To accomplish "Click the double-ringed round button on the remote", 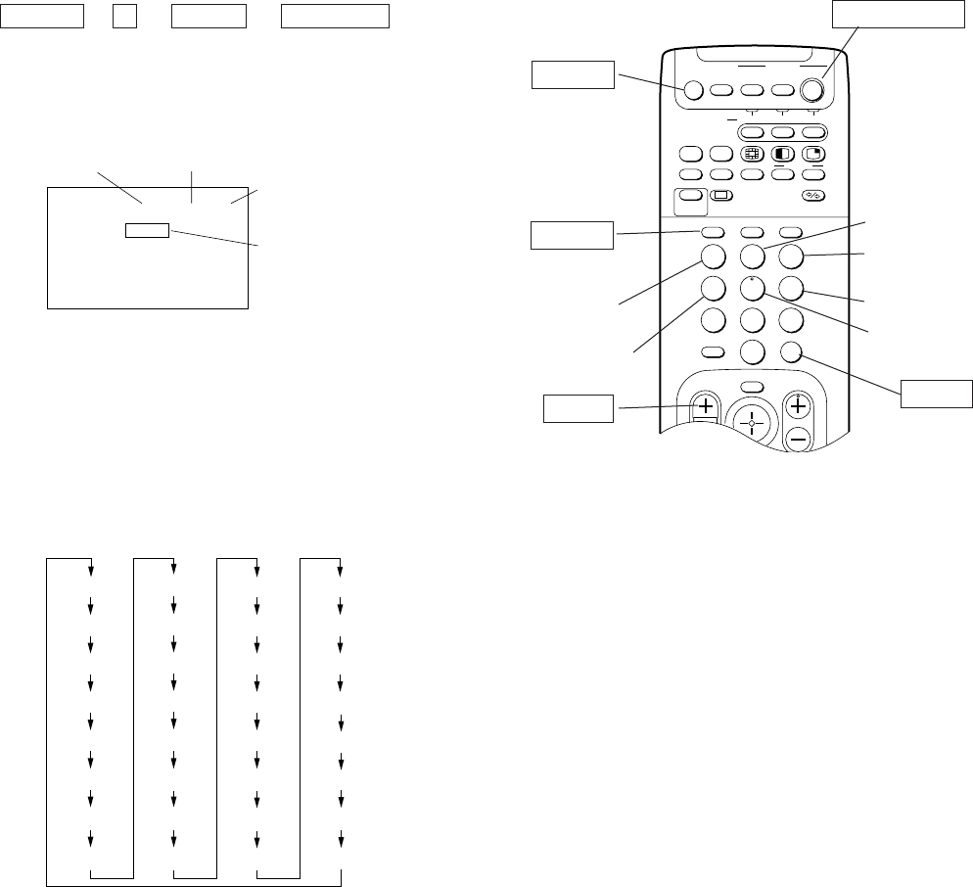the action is click(812, 90).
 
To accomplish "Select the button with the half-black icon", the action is click(782, 154).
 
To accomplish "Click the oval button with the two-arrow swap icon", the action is click(812, 196).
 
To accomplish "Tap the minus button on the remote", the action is click(799, 440).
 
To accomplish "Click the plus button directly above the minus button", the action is click(799, 405).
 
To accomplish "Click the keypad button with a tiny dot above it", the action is click(752, 291).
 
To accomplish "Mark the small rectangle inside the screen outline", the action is click(147, 231).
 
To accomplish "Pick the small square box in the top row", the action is click(123, 17).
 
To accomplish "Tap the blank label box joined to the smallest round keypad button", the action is click(938, 392).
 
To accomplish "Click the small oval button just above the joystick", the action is click(752, 386).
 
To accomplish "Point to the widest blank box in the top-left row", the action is click(336, 17).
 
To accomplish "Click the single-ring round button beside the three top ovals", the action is click(692, 90).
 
